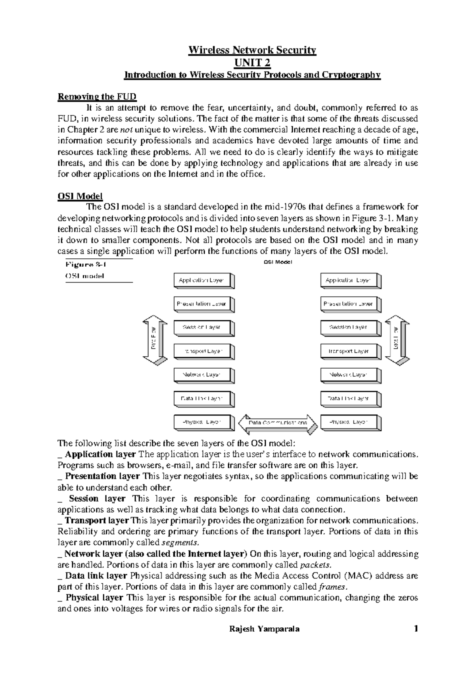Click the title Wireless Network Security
(x=252, y=50)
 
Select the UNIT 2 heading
(x=252, y=63)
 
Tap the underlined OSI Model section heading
(x=80, y=196)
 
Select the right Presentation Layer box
(x=349, y=304)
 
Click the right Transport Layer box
(x=349, y=351)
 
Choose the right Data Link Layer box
(x=349, y=398)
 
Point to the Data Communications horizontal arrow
(x=278, y=423)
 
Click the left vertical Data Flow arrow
(x=155, y=340)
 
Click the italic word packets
(x=314, y=565)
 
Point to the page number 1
(x=415, y=629)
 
